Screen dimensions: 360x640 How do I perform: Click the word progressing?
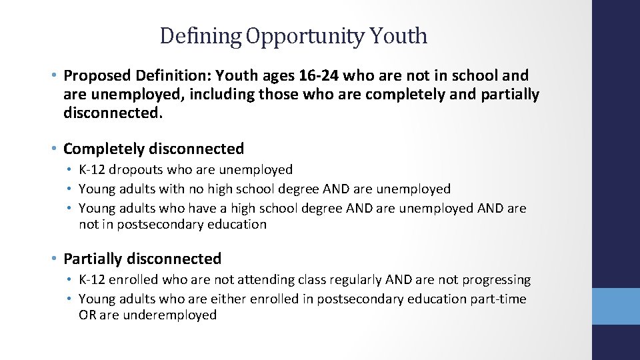[x=494, y=280]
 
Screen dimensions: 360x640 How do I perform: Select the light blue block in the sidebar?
[x=616, y=306]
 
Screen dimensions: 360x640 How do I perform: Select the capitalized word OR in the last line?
[x=87, y=315]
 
